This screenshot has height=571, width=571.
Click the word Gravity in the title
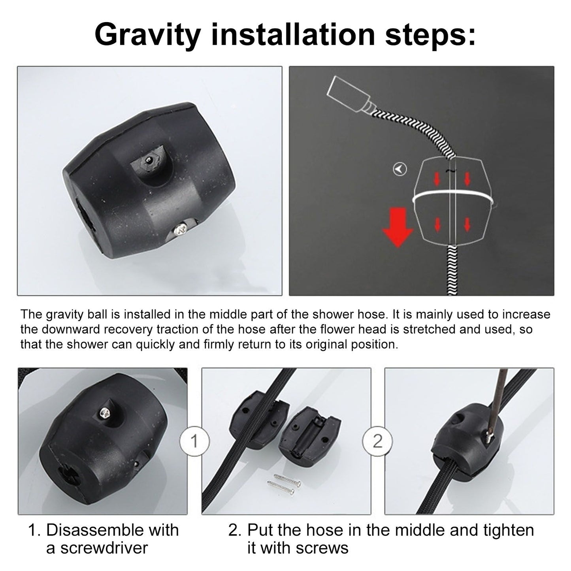(147, 35)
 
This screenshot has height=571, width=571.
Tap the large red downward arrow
(398, 227)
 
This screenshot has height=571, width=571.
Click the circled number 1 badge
(194, 441)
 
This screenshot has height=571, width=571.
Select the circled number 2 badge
(377, 441)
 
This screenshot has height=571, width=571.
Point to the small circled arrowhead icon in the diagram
(400, 169)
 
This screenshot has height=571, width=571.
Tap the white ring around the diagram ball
(452, 197)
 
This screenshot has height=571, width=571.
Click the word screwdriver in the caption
(104, 548)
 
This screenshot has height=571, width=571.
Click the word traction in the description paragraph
(177, 329)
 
